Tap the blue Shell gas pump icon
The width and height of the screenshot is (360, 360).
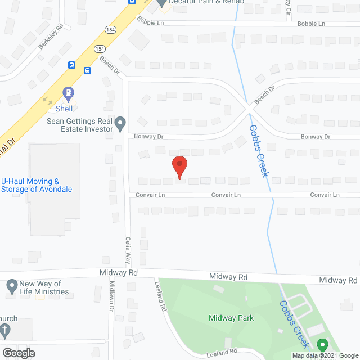68,92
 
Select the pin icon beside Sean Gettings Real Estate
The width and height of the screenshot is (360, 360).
120,123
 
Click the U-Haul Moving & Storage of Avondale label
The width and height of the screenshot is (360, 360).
37,185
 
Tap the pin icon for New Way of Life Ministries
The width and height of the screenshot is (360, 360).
10,287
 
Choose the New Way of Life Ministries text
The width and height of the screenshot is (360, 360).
44,287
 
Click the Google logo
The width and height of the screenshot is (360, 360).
18,353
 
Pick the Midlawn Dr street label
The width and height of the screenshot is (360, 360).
112,298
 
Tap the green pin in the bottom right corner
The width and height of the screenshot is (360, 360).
322,344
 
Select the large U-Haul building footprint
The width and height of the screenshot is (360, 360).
55,188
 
